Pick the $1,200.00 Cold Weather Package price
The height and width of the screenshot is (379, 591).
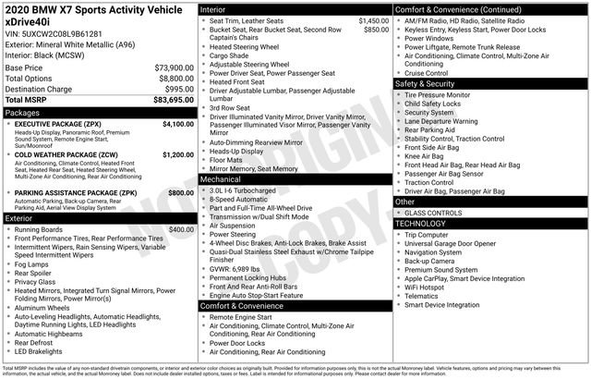click(177, 154)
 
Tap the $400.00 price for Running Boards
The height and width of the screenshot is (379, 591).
click(181, 228)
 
